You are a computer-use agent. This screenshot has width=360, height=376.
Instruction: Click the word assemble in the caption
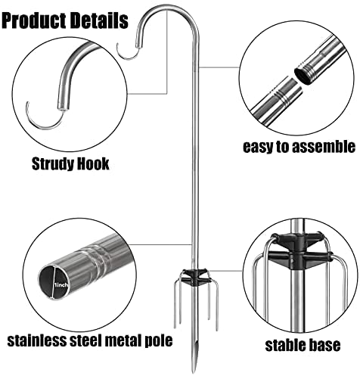coord(324,147)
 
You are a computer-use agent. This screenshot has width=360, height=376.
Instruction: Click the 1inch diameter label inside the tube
coord(61,285)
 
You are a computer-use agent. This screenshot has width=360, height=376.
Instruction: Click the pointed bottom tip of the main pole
coord(194,371)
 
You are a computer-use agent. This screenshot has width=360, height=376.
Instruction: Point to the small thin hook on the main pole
coord(127,52)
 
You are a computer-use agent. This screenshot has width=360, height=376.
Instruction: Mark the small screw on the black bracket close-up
coord(293,261)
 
